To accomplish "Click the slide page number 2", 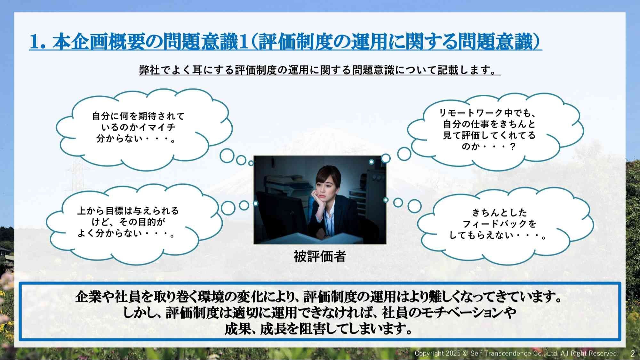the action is [632, 354].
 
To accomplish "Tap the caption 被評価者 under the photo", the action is [320, 256].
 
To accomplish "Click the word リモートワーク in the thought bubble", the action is [470, 113].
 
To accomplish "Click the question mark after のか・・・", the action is [513, 147].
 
